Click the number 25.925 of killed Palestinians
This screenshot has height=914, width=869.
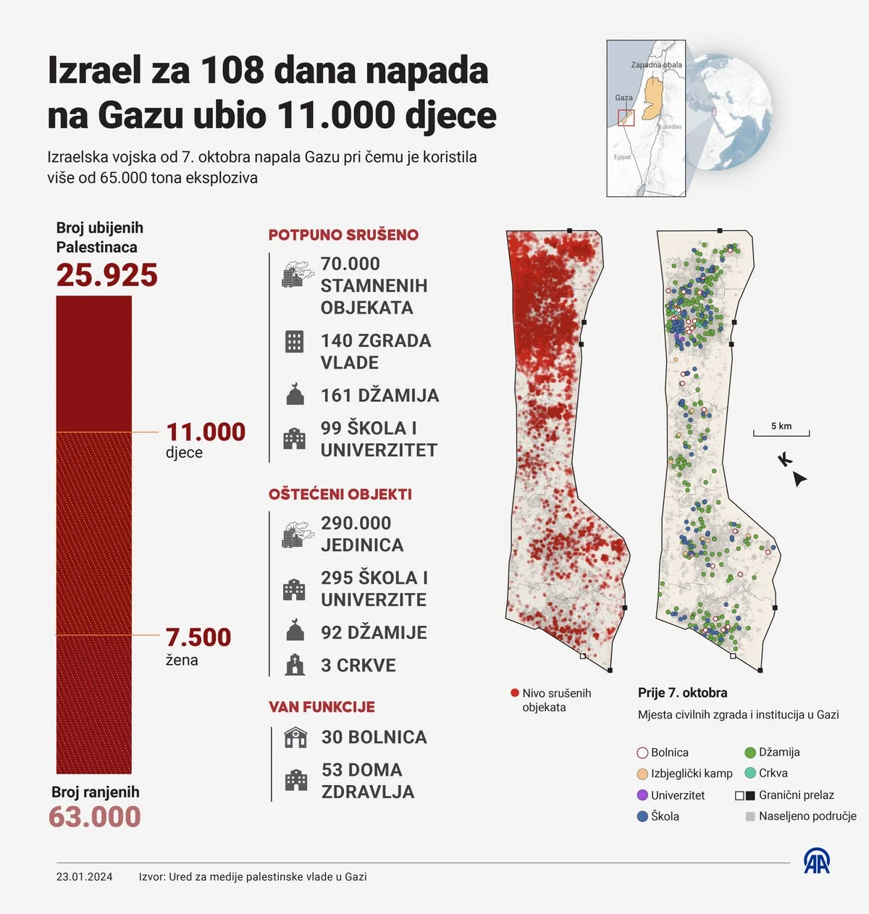click(x=106, y=275)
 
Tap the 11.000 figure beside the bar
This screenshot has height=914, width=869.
click(x=206, y=432)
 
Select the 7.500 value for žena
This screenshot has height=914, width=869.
click(x=198, y=637)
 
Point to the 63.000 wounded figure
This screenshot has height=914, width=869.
click(x=95, y=817)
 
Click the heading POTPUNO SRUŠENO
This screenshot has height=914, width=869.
click(x=343, y=235)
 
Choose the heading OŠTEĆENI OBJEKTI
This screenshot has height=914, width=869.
click(x=340, y=494)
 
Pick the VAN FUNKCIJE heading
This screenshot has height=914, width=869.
click(x=322, y=707)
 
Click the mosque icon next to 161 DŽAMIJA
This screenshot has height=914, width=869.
click(x=295, y=395)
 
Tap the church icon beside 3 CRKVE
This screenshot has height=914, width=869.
click(x=295, y=665)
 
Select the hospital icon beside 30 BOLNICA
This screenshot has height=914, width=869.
click(x=295, y=737)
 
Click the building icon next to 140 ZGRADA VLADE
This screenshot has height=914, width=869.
click(x=294, y=341)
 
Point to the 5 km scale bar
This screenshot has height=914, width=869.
click(x=781, y=432)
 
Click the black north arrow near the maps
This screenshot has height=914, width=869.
click(x=799, y=478)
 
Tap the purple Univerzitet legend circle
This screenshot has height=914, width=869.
click(x=642, y=795)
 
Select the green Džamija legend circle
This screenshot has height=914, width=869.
click(x=750, y=752)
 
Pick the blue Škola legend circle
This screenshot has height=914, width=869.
click(x=642, y=816)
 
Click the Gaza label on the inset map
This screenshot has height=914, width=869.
click(x=624, y=98)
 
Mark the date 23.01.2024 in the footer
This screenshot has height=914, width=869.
click(x=85, y=877)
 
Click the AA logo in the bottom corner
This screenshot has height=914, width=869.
click(x=817, y=861)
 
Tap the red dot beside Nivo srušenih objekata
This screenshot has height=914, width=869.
click(x=515, y=693)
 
